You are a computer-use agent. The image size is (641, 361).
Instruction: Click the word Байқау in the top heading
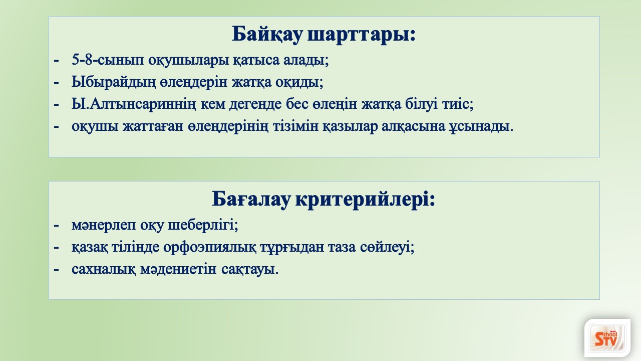267,35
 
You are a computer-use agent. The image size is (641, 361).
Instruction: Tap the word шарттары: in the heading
362,35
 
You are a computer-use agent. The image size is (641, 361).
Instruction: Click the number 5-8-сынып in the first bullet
108,60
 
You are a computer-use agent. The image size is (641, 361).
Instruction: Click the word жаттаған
153,126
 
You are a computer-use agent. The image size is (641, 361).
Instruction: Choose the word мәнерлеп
104,226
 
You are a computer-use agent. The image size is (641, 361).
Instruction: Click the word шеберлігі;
203,226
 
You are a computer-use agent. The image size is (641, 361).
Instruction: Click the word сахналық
104,270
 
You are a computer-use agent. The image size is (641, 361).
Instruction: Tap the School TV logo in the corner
607,338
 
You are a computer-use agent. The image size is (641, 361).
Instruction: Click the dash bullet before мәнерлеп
56,226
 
